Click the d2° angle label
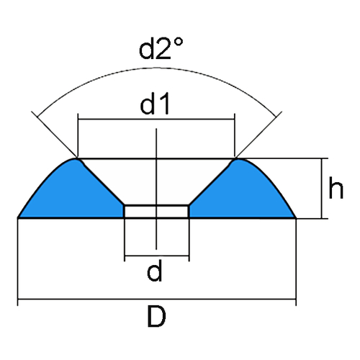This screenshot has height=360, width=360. click(161, 48)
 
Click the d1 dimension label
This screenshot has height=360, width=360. click(156, 104)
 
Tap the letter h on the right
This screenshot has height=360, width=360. click(336, 187)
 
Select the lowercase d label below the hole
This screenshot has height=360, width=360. click(155, 271)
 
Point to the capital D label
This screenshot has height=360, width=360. click(156, 316)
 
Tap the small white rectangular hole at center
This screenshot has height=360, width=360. click(156, 212)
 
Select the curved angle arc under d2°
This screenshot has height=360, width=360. click(156, 68)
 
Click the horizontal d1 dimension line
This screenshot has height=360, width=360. click(156, 119)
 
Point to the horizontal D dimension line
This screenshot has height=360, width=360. click(156, 299)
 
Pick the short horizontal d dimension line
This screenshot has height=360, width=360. click(157, 256)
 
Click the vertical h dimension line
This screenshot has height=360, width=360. click(322, 189)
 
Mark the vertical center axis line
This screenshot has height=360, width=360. click(156, 189)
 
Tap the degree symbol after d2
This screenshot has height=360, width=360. click(179, 42)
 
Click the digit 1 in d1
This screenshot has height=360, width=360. click(165, 104)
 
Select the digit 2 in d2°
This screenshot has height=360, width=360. click(163, 49)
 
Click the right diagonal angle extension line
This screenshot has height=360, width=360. click(259, 135)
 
